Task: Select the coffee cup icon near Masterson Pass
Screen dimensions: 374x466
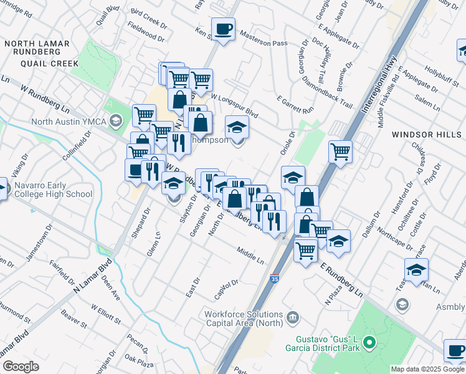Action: coord(223,29)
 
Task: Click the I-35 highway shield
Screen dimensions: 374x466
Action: coord(274,264)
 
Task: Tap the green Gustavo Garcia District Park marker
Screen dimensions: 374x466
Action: coord(369,343)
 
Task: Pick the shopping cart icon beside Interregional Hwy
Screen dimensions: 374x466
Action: coord(340,151)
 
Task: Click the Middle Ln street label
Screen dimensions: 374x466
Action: coord(251,254)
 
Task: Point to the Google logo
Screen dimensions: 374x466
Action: coord(21,367)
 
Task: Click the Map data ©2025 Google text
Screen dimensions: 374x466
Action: coord(427,369)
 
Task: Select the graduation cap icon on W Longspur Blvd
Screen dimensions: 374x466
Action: coord(236,128)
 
